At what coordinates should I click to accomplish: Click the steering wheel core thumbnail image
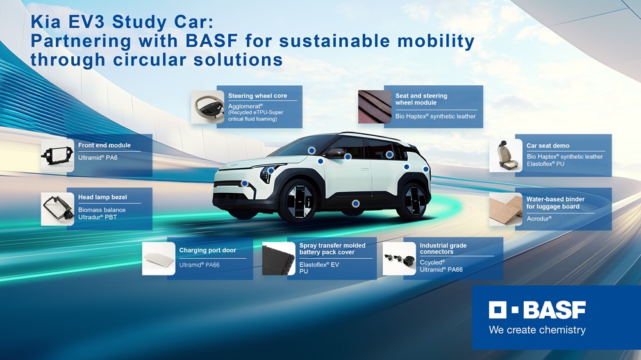tap(208, 107)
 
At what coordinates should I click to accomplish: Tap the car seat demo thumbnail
tap(506, 155)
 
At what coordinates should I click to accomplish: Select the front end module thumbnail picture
tap(57, 155)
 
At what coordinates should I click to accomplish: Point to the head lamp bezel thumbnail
tap(57, 209)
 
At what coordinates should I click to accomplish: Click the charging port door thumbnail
tap(158, 259)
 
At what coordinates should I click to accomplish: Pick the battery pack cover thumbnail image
tap(278, 259)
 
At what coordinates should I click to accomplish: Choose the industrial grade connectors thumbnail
tap(399, 259)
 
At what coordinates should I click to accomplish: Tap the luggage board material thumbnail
tap(506, 209)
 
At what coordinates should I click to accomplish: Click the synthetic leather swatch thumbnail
tap(375, 107)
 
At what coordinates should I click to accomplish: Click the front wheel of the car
tap(298, 201)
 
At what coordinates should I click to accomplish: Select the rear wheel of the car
tap(413, 200)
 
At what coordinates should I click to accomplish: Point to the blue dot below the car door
tap(356, 204)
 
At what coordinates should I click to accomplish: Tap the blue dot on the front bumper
tap(244, 183)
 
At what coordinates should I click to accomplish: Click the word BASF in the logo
tap(554, 310)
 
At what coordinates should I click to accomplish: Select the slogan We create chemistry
tap(537, 330)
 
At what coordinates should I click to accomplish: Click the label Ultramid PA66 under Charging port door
tap(199, 265)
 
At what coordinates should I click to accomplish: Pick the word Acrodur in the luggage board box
tap(539, 218)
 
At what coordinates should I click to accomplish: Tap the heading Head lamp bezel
tap(103, 197)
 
